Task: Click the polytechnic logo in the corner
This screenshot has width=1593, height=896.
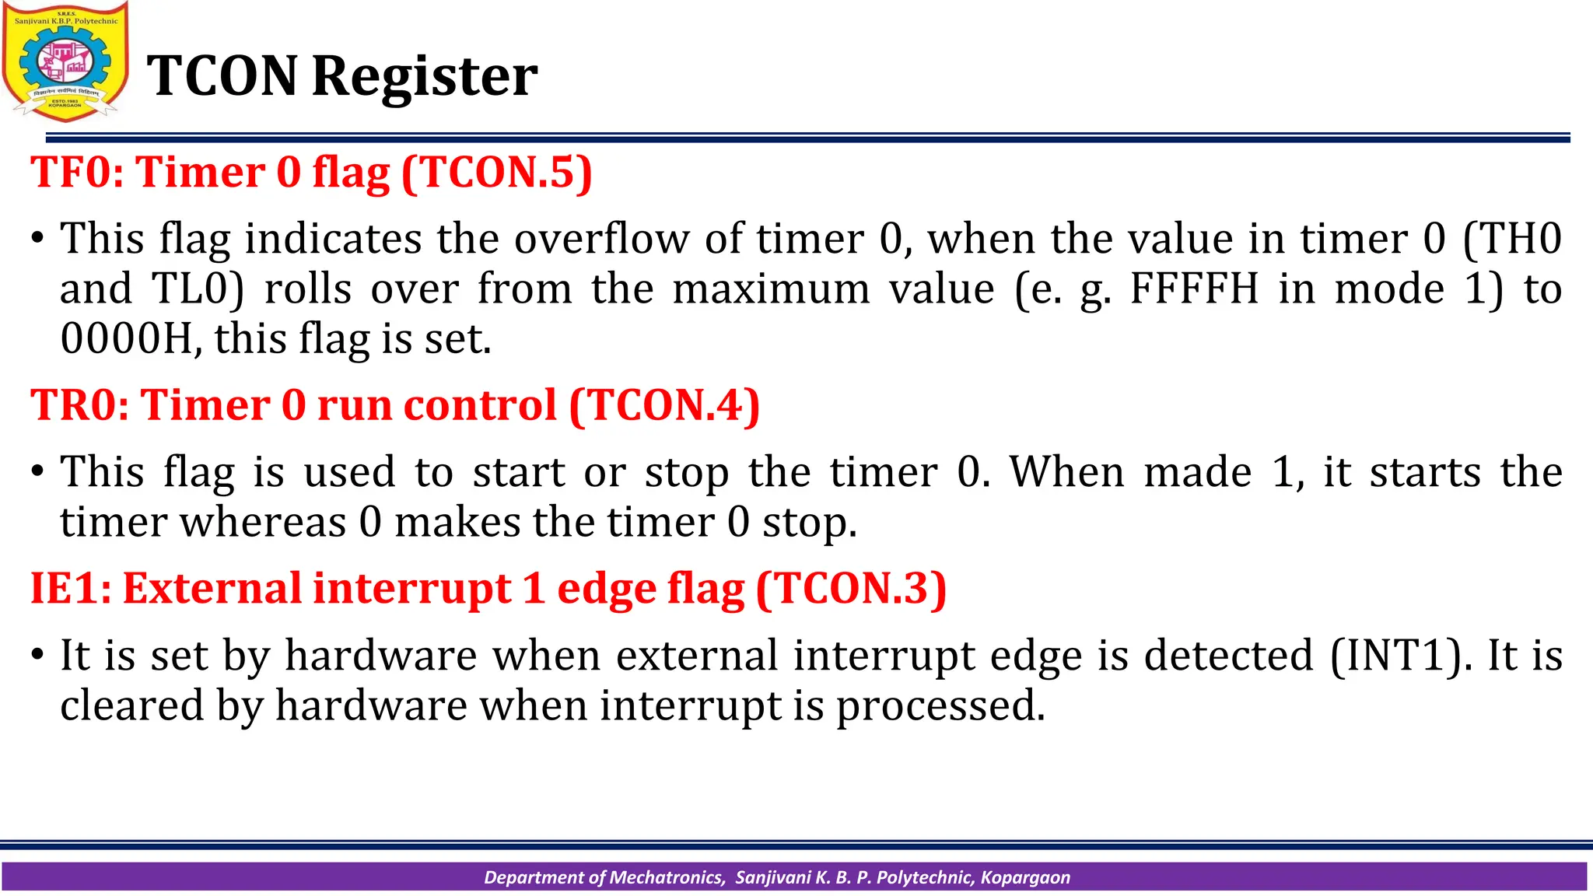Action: tap(65, 62)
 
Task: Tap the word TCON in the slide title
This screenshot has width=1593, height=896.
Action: tap(222, 76)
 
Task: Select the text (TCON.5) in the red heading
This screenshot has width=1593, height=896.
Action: tap(496, 172)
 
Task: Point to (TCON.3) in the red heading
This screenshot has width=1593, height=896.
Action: tap(850, 588)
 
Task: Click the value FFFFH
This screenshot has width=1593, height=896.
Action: tap(1193, 289)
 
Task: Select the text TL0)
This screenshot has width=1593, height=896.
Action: tap(198, 289)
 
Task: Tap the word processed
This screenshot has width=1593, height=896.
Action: tap(940, 706)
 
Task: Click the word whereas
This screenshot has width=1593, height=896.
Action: tap(263, 522)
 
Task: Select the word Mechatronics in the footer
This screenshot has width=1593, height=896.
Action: tap(667, 877)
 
